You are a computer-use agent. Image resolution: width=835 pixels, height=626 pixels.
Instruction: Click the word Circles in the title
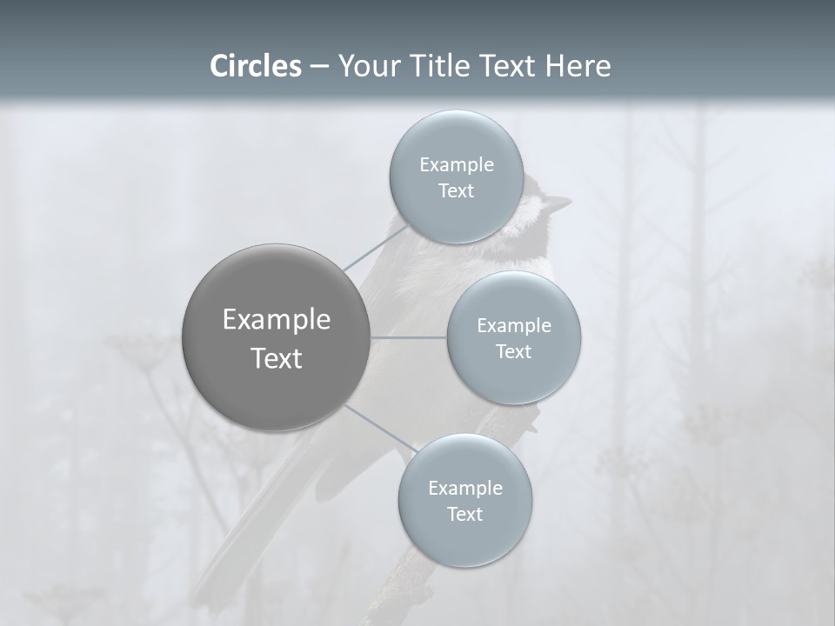point(256,66)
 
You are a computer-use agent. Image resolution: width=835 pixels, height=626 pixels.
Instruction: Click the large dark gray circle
point(277,337)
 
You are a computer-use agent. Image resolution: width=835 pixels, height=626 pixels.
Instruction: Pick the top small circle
point(457,177)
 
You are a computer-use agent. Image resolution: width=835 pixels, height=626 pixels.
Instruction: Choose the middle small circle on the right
point(513,338)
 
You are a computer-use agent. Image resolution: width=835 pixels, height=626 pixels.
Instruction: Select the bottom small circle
point(464,501)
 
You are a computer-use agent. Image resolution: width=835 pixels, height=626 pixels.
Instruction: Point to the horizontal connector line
point(409,337)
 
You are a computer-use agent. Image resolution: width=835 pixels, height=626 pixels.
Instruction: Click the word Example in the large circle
point(277,320)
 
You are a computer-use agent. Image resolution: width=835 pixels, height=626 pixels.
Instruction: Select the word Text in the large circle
point(277,358)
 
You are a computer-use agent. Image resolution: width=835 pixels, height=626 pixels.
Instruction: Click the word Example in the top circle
point(457,165)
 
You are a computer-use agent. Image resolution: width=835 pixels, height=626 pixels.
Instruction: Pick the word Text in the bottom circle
point(464,514)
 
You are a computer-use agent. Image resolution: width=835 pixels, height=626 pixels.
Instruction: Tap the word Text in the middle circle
point(513,351)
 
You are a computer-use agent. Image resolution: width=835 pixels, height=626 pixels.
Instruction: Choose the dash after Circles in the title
point(319,67)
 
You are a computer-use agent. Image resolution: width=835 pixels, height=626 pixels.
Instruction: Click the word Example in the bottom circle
point(464,489)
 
